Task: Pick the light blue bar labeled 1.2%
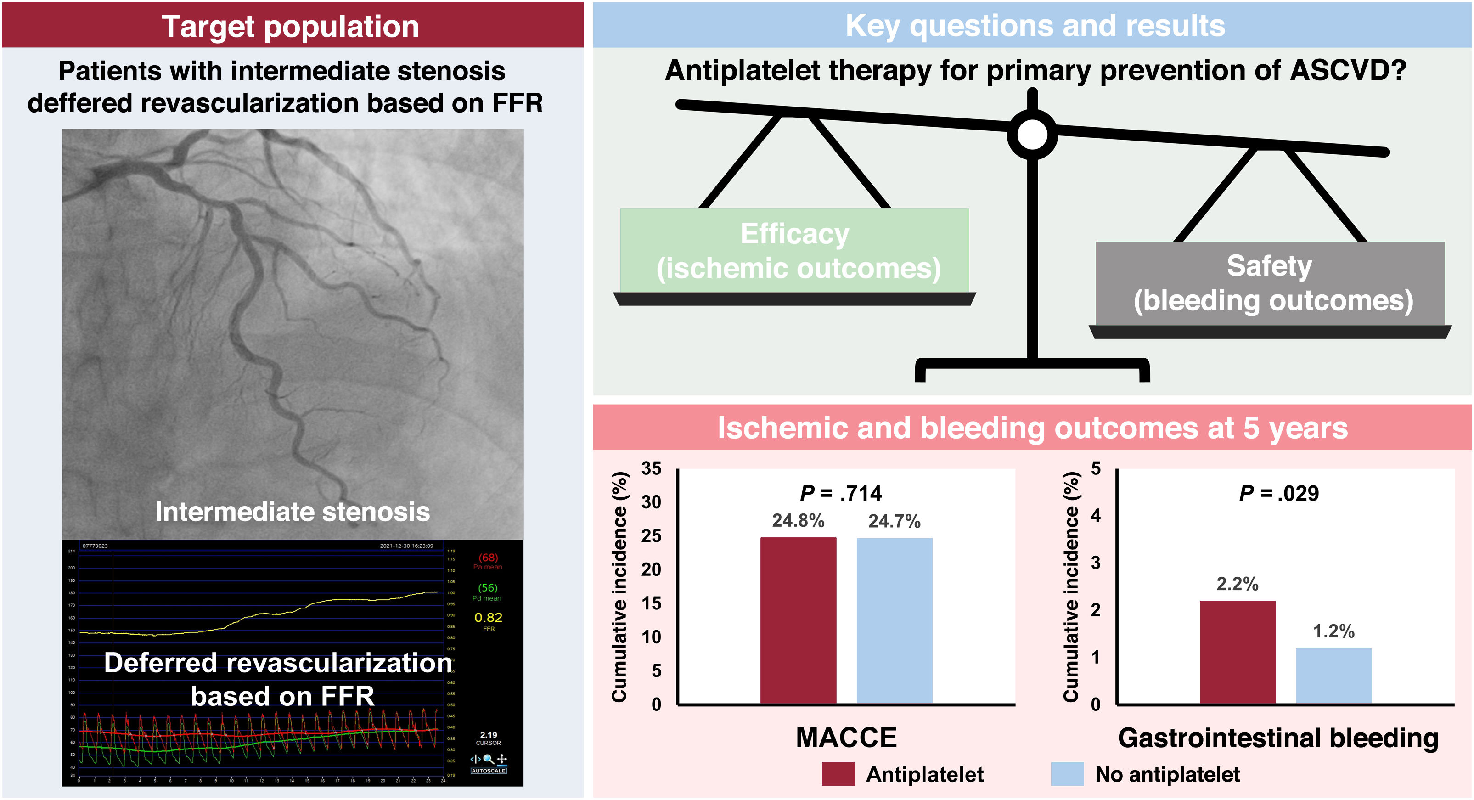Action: [x=1333, y=675]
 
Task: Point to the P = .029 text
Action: [x=1278, y=493]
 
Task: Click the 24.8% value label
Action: [x=798, y=521]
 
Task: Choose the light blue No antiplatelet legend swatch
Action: [x=1067, y=774]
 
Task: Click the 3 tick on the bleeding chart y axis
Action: [x=1095, y=563]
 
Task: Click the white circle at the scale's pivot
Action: [x=1032, y=135]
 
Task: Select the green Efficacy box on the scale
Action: [x=794, y=251]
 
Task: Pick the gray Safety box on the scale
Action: [x=1269, y=283]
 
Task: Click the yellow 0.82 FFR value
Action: [x=488, y=618]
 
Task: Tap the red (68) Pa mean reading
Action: [x=488, y=558]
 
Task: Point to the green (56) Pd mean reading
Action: [x=488, y=588]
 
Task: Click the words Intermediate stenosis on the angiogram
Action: [x=293, y=512]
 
